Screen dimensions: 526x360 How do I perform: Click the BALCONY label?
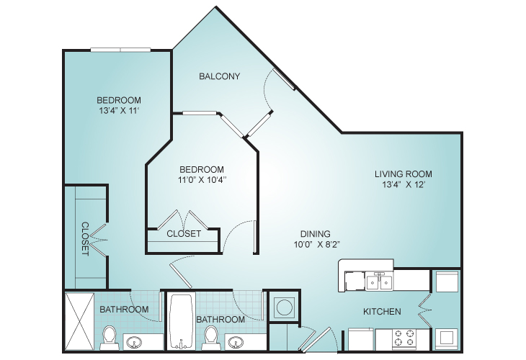219,76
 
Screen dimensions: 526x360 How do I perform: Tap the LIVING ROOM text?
404,174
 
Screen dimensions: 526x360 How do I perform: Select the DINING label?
316,233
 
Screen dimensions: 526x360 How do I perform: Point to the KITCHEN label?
382,312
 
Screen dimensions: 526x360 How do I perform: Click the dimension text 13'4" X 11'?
119,111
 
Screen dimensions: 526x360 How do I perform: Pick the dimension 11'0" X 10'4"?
202,180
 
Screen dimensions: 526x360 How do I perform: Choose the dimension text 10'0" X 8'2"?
317,244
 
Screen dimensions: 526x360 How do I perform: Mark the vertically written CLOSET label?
85,239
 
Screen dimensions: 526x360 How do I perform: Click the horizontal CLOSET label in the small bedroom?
184,233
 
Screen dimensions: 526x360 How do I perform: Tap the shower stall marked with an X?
79,322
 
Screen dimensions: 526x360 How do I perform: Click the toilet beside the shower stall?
109,338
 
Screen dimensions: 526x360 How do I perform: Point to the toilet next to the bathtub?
211,338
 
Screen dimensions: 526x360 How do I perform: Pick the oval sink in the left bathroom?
134,343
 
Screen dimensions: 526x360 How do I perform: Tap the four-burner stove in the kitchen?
404,338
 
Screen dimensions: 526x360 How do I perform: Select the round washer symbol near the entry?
285,307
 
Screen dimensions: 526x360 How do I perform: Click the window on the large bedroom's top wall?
120,50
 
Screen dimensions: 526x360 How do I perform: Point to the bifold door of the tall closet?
99,240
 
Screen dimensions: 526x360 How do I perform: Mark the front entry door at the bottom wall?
315,340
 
